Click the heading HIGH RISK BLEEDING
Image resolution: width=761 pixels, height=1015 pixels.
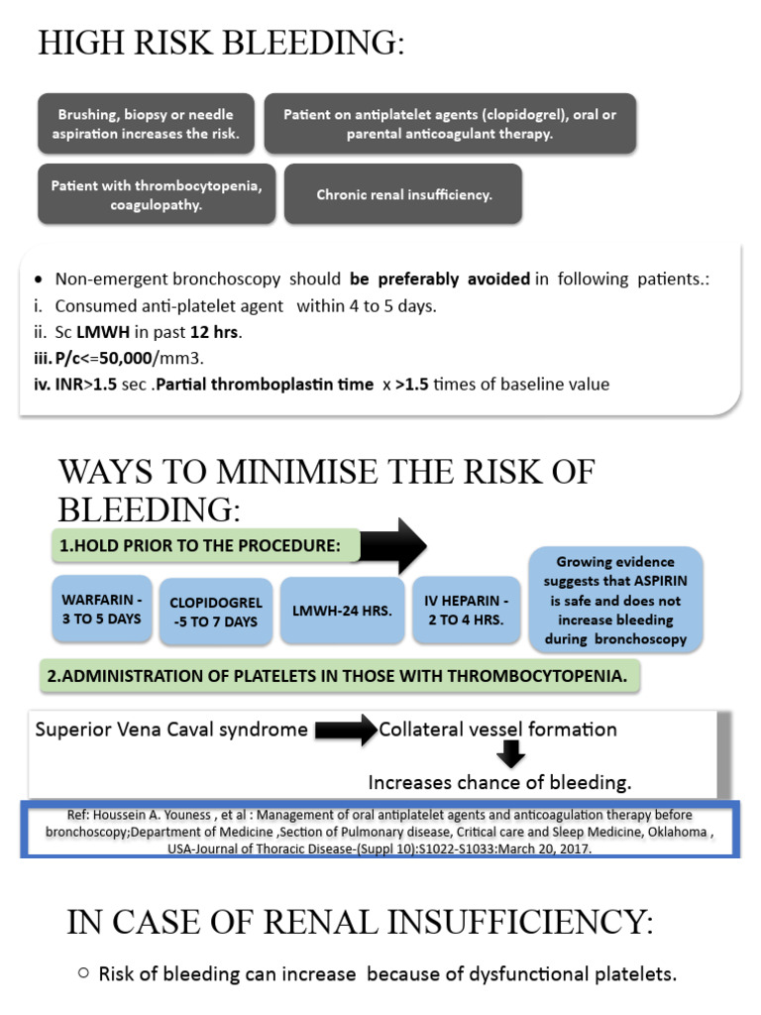pos(221,44)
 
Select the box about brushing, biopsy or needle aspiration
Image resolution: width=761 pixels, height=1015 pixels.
pos(146,124)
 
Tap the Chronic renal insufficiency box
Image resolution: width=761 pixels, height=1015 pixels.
pos(403,194)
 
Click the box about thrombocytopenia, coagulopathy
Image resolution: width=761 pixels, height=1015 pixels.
pos(157,194)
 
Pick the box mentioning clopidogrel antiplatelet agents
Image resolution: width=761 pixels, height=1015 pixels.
pos(449,124)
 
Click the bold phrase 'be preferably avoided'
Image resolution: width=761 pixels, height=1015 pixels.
pos(439,279)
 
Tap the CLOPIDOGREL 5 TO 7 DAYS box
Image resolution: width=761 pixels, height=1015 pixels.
pos(215,612)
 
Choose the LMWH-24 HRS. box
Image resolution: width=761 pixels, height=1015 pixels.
pos(343,611)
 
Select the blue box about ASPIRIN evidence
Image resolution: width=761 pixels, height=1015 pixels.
pos(615,601)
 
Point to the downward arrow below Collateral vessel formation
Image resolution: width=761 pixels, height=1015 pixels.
pos(511,756)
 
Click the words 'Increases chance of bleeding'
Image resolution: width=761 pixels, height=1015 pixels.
pos(499,782)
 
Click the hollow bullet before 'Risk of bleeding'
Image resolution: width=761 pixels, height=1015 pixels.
pos(83,973)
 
